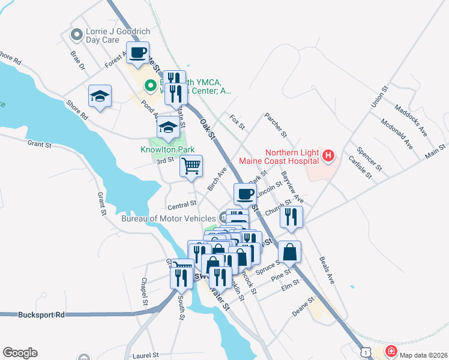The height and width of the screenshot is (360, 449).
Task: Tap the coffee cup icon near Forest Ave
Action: click(137, 52)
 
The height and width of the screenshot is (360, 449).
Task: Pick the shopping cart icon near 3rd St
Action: click(191, 166)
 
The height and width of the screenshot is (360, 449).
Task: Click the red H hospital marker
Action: click(328, 157)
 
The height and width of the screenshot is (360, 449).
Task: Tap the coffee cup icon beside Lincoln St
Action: click(244, 194)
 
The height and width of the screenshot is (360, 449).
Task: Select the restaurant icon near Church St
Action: click(291, 217)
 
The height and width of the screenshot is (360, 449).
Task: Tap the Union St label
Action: click(377, 95)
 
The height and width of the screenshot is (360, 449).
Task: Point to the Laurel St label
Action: click(142, 355)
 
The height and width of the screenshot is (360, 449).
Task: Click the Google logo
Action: click(20, 353)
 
